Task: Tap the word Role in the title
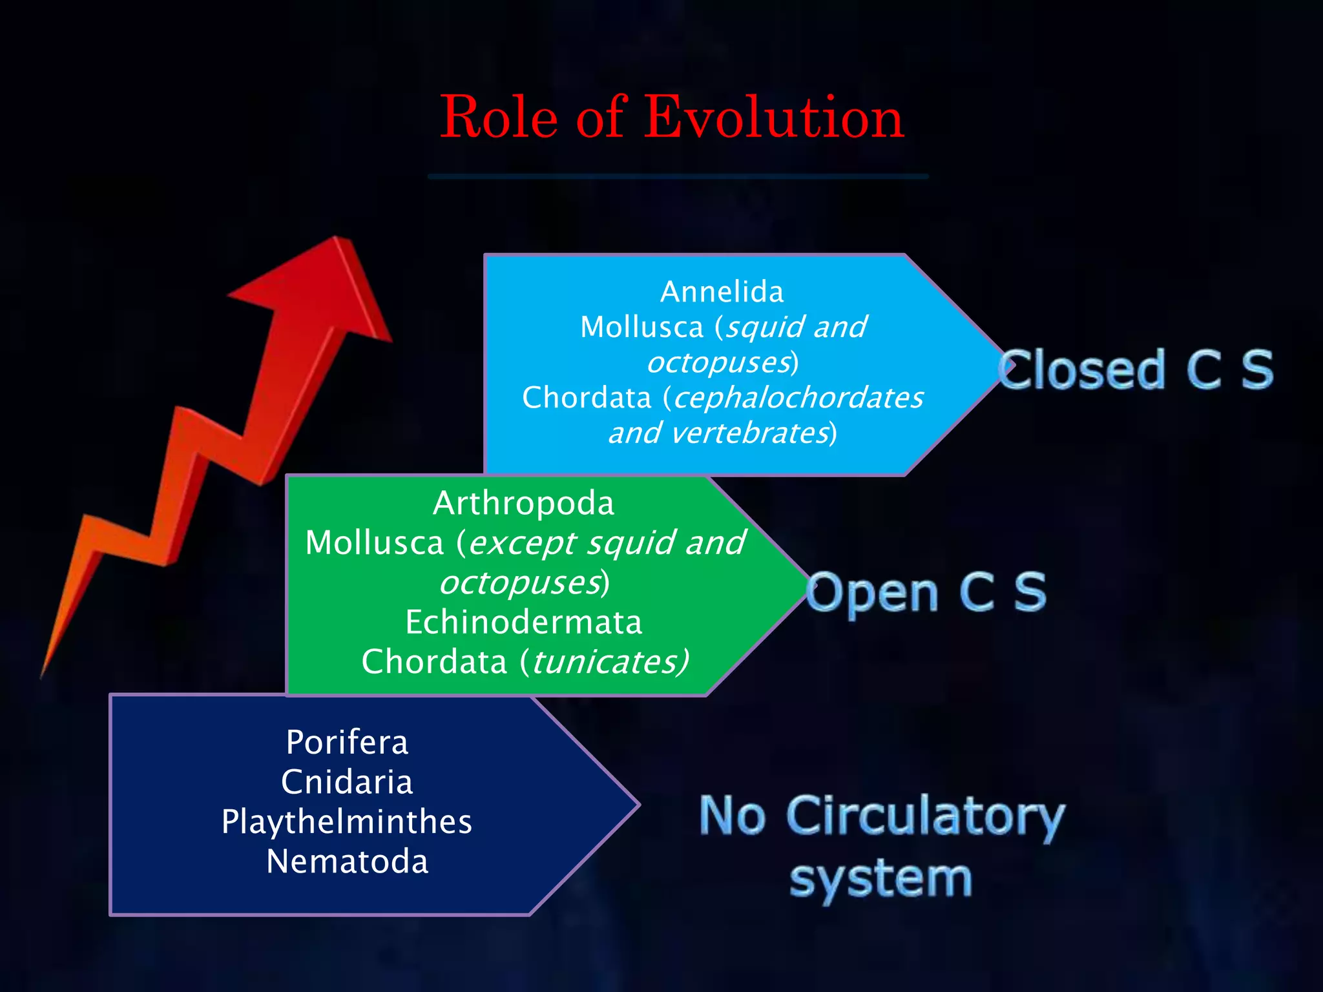[x=499, y=118]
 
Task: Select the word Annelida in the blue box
[x=722, y=292]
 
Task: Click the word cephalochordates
[x=798, y=398]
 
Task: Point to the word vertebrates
[x=749, y=433]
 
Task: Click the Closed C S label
[x=1136, y=370]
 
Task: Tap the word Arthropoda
[x=523, y=503]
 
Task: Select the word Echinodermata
[x=523, y=623]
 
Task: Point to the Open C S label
[x=926, y=592]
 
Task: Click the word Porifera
[x=347, y=743]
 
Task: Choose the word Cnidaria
[x=347, y=782]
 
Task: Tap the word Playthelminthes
[x=347, y=822]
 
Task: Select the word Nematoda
[x=347, y=862]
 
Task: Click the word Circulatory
[x=925, y=817]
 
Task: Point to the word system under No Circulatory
[x=881, y=880]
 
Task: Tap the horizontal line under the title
[x=678, y=176]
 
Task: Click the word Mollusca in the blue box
[x=641, y=327]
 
